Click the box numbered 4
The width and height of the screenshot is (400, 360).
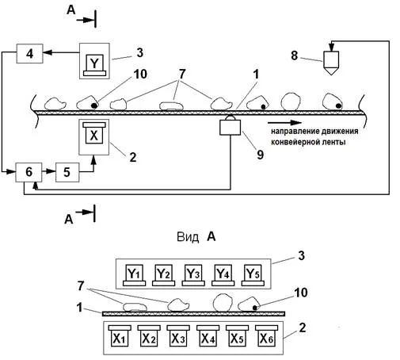click(x=30, y=54)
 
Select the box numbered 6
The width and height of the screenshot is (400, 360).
click(x=29, y=172)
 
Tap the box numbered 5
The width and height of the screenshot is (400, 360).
click(x=67, y=172)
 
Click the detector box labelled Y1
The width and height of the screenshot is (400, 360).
click(x=134, y=275)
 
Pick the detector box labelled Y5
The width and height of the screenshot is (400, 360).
click(x=253, y=275)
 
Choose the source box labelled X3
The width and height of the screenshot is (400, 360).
click(x=178, y=335)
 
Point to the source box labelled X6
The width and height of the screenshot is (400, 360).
click(x=267, y=335)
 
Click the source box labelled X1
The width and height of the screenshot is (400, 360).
click(x=120, y=335)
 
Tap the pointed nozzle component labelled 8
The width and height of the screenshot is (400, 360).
click(x=331, y=63)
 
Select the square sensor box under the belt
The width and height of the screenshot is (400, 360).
click(x=230, y=128)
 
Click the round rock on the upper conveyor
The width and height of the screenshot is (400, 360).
click(x=291, y=101)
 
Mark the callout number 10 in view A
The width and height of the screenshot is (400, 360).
click(x=301, y=293)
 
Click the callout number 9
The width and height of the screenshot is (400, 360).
click(x=261, y=155)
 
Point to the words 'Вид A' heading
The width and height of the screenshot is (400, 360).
click(x=196, y=237)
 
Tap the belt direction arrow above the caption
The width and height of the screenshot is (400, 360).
click(x=284, y=123)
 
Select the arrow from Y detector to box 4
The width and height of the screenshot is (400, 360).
click(x=61, y=53)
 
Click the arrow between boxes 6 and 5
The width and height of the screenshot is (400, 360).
click(x=49, y=171)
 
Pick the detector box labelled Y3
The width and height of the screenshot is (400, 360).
click(x=193, y=275)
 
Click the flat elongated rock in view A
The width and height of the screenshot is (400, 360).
click(x=135, y=307)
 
